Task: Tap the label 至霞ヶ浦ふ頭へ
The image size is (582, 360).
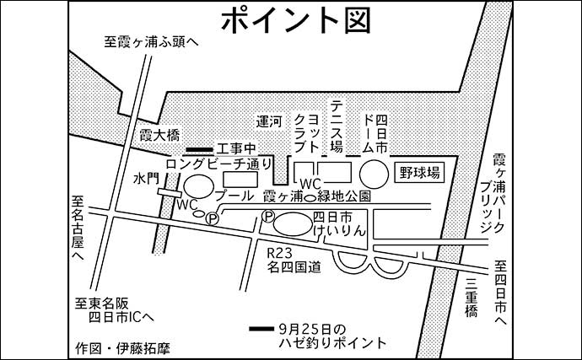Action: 152,40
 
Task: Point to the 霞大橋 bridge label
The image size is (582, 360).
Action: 159,135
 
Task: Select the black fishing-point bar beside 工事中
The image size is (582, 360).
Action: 201,149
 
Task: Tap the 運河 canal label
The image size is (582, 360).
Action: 269,121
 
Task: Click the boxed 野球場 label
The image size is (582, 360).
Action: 418,173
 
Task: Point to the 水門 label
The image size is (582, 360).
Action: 145,179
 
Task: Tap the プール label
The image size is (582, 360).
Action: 234,196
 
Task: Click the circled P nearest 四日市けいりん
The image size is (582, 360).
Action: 268,218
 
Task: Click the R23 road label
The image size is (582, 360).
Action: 279,253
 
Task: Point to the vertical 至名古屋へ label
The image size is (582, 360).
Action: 78,228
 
